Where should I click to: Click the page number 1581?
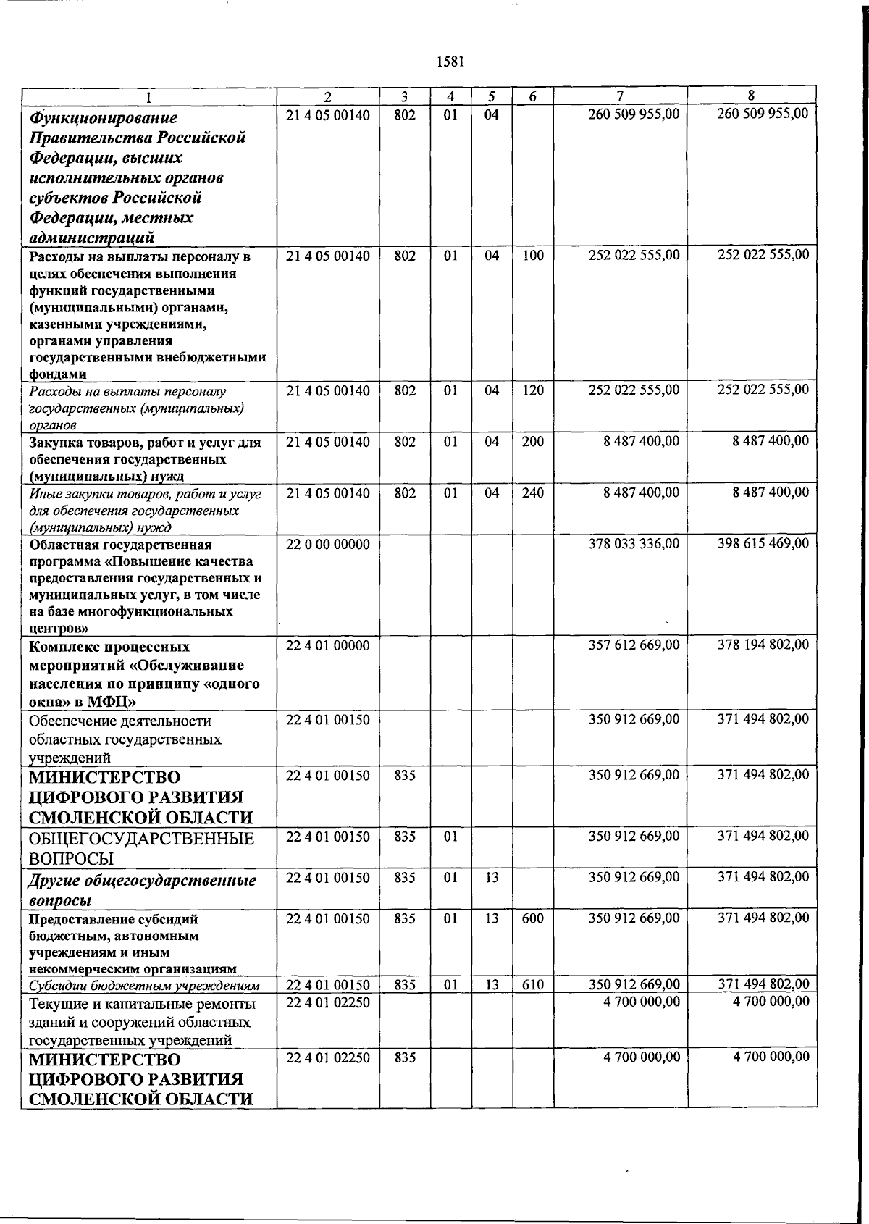450,62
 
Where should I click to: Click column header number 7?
620,96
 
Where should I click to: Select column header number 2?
327,96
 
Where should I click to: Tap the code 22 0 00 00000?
327,544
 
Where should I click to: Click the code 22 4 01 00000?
327,645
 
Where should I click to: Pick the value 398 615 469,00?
763,543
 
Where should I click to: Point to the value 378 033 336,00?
634,544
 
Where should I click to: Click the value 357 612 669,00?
634,645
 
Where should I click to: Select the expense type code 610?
532,985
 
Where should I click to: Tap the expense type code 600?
532,918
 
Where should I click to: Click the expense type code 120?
532,390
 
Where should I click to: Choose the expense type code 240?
532,493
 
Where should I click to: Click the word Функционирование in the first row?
103,118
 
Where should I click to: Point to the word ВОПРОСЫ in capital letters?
72,859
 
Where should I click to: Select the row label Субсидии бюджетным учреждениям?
144,986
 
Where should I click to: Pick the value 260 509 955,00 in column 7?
634,114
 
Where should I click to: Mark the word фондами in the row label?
58,374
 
